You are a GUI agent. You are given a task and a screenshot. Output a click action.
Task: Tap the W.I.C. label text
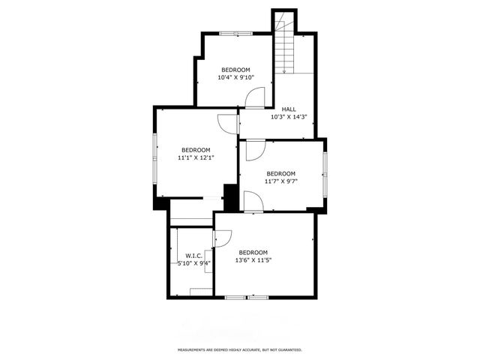coord(194,256)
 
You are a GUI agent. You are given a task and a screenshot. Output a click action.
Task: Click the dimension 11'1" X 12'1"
coord(196,158)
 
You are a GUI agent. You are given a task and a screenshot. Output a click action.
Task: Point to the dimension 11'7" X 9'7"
coord(281,181)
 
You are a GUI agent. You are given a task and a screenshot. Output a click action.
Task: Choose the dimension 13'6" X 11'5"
coord(253,260)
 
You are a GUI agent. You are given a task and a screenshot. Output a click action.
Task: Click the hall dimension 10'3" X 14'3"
coord(289,117)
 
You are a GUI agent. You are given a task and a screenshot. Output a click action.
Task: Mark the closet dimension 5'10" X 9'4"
coord(193,263)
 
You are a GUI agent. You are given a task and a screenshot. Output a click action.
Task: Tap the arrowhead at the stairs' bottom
coord(284,71)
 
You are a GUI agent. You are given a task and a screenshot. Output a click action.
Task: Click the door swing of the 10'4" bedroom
coord(257,97)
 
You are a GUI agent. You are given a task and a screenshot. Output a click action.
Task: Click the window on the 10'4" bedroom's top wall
coord(235,33)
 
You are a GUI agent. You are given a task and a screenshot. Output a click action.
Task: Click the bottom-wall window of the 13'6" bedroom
coord(247,298)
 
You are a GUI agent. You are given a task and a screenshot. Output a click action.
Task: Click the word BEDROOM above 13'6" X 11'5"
coord(253,252)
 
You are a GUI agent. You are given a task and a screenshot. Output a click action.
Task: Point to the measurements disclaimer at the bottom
coord(239,349)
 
